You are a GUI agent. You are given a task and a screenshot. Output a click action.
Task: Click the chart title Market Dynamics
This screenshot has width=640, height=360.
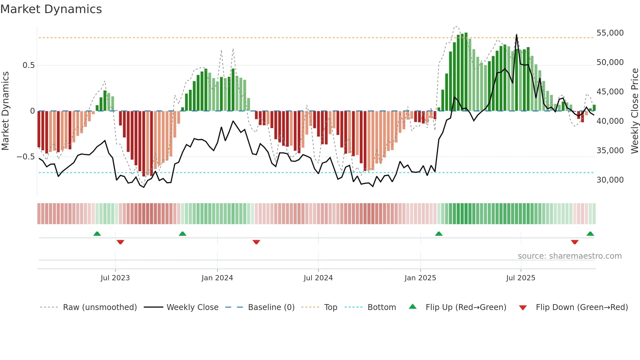(x=51, y=9)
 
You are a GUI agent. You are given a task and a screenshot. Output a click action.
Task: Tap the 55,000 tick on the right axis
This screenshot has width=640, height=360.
(x=610, y=33)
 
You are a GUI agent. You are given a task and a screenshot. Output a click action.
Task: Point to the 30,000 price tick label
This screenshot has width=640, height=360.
(x=610, y=180)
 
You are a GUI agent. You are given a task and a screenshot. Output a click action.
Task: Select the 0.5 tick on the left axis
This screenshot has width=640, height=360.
(x=28, y=65)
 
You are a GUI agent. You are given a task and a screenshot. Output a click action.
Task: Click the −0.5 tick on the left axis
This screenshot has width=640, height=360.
(x=25, y=157)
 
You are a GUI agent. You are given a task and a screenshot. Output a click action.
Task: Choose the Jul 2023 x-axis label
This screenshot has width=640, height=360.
(x=115, y=278)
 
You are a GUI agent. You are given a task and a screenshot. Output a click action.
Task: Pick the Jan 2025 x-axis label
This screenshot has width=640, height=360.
(x=420, y=278)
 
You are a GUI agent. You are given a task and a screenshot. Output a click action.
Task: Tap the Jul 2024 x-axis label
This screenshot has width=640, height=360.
(x=318, y=278)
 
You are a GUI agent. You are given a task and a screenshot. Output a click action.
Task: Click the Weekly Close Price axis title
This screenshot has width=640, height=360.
(x=634, y=111)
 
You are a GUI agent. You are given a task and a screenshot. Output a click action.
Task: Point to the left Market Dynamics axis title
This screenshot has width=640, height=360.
(x=5, y=111)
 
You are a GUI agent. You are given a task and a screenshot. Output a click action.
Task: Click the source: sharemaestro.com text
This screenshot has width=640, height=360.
(x=569, y=256)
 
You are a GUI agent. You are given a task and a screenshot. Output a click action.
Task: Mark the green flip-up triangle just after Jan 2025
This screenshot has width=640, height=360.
(x=439, y=234)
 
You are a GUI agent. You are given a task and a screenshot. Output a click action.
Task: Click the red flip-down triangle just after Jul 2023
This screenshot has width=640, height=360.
(x=120, y=242)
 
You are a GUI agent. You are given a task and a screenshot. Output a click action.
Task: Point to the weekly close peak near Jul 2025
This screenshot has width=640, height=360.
(x=517, y=35)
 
